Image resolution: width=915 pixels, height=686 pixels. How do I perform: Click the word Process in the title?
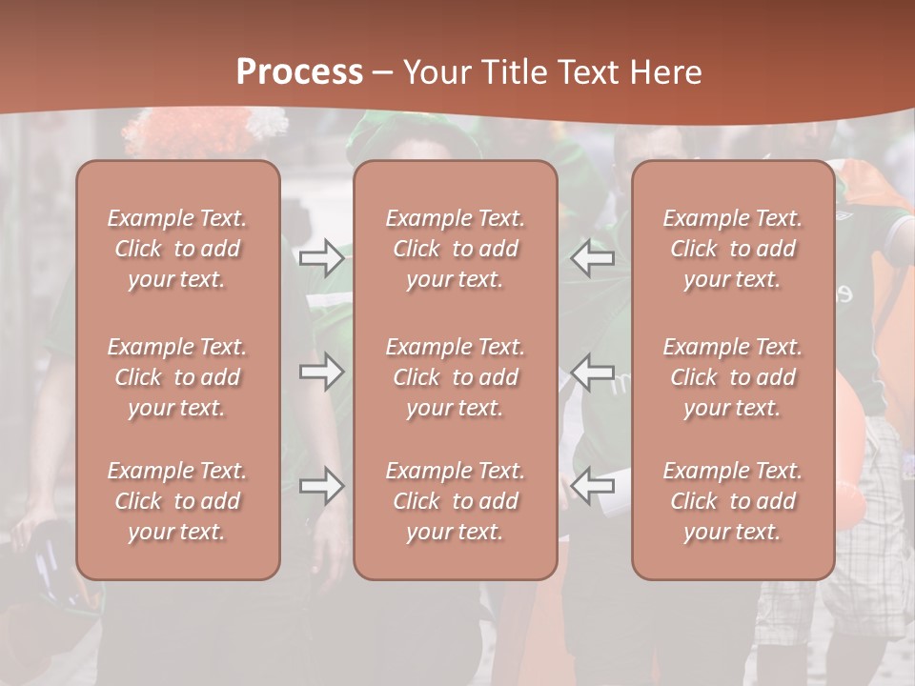pos(299,71)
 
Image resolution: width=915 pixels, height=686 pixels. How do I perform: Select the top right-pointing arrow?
pos(321,257)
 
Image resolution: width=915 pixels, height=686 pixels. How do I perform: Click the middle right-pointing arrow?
pos(321,372)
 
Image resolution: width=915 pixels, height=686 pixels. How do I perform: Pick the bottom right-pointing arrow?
pos(321,486)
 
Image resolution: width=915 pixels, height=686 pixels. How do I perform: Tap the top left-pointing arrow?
pos(593,257)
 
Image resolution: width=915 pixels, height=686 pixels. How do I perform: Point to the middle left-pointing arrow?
pos(593,372)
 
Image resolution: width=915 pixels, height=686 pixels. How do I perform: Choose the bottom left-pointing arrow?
pos(593,486)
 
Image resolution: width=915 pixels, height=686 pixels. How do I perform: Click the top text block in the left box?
pos(177,249)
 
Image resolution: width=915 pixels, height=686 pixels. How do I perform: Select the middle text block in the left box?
pos(177,377)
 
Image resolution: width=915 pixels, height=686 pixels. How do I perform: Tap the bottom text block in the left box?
pos(177,501)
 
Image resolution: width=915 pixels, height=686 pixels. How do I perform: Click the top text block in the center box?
pos(455,249)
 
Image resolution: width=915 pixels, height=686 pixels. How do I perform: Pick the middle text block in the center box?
pos(455,377)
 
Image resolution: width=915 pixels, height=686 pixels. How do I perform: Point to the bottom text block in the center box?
pos(455,501)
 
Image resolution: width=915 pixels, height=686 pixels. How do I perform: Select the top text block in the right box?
pos(732,249)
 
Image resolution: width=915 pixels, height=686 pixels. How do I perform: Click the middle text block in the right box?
pos(732,377)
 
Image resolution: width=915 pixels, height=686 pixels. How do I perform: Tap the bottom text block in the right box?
pos(732,501)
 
